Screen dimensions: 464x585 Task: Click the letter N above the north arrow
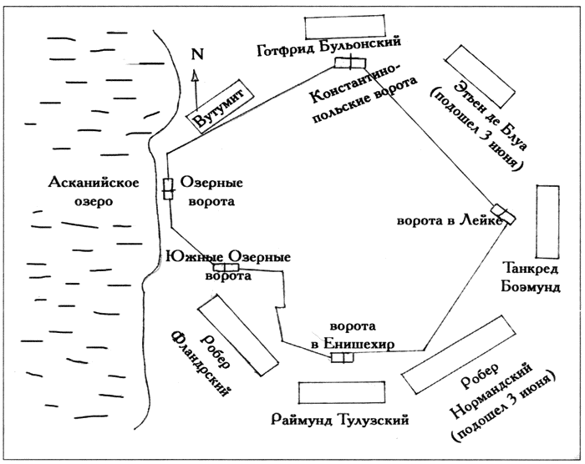point(197,54)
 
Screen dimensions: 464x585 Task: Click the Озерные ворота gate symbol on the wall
point(167,189)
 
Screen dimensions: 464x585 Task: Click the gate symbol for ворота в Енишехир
point(342,358)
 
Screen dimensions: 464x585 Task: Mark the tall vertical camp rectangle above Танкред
point(548,220)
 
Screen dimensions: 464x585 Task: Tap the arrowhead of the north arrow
point(196,73)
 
